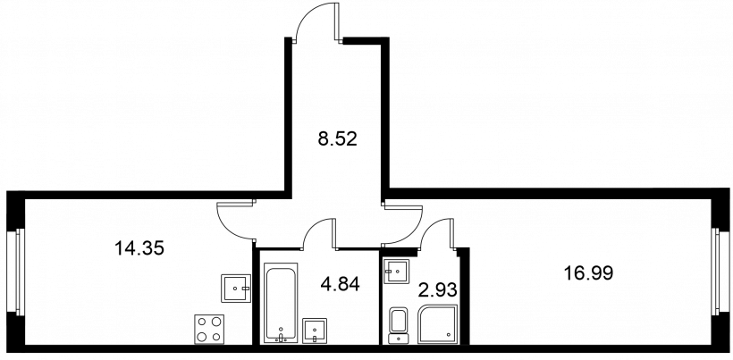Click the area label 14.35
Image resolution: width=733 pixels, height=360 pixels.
[139, 248]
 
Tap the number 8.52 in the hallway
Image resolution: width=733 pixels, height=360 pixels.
[338, 138]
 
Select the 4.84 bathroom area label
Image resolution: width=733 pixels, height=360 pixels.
[340, 283]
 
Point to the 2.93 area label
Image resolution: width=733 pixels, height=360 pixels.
[436, 289]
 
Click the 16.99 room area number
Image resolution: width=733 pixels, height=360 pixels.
[587, 272]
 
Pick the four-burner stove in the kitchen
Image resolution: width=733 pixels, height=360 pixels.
[209, 330]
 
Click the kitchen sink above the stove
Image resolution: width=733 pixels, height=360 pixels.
[236, 289]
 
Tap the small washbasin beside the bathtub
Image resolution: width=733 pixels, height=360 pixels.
[315, 331]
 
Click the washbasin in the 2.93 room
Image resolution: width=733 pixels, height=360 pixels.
[396, 271]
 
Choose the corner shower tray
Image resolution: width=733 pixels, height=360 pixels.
[438, 324]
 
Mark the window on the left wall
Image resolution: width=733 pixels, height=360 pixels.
[15, 272]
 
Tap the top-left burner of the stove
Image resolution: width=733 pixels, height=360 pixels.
[202, 322]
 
